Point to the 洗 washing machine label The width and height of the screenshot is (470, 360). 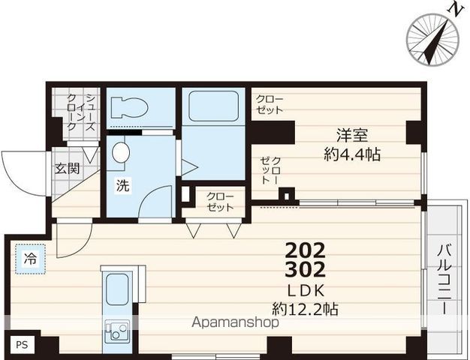click(x=122, y=186)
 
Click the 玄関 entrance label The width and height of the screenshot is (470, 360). click(x=66, y=168)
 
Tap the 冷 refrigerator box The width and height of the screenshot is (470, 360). click(x=30, y=259)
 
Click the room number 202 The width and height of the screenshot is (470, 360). click(x=306, y=250)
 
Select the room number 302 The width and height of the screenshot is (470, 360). click(x=306, y=269)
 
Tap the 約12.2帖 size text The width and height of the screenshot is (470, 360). click(x=305, y=307)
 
